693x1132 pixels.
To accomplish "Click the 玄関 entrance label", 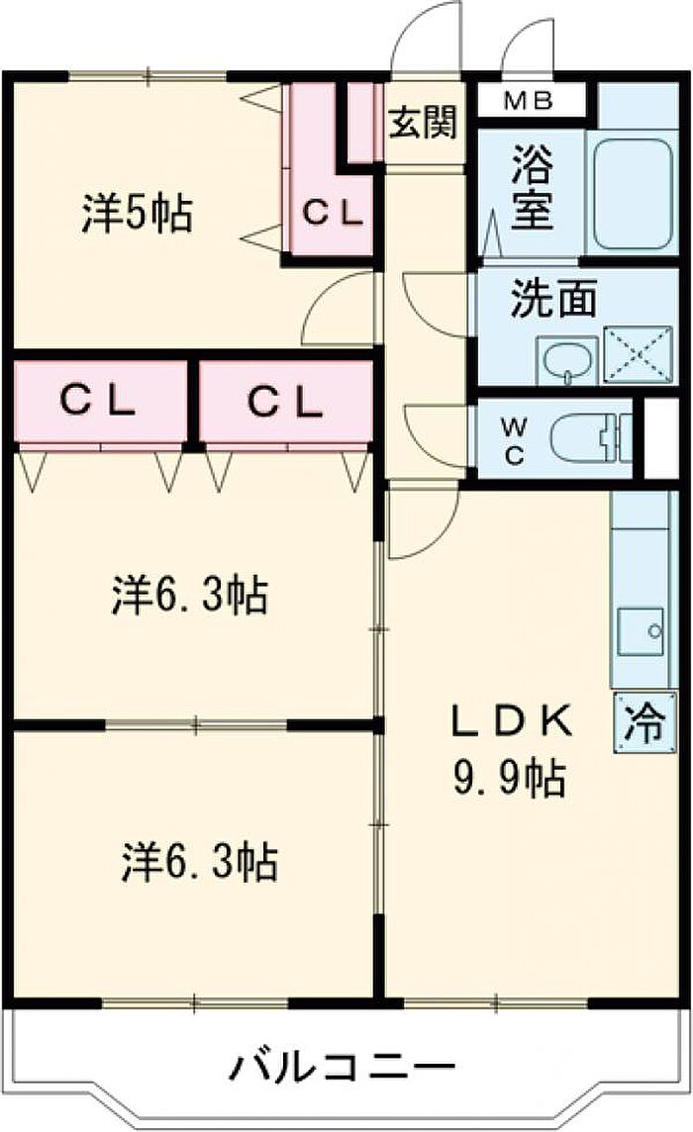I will coord(422,124).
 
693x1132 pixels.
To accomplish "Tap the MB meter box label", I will coord(531,100).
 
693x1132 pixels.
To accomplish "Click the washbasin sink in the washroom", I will coord(567,360).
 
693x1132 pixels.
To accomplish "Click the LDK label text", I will coord(511,722).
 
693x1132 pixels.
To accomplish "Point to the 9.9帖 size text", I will coord(510,780).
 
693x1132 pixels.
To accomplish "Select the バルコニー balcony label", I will coord(344,1068).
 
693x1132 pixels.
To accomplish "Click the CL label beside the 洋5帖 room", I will coord(333,213).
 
